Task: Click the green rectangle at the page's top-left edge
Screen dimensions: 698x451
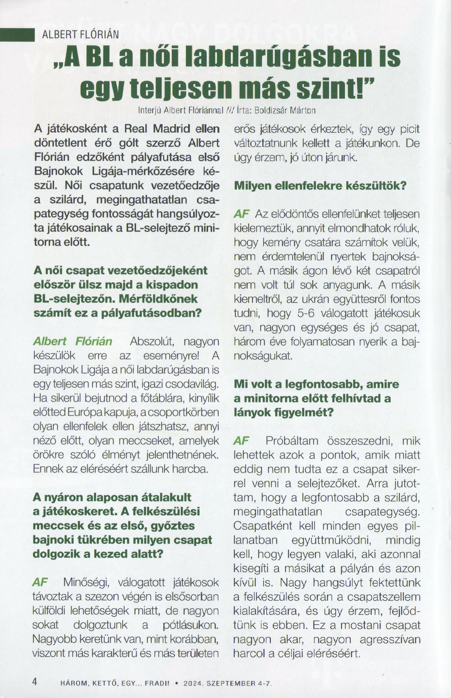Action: [x=17, y=35]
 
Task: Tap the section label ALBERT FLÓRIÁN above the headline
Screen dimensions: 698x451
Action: [x=80, y=35]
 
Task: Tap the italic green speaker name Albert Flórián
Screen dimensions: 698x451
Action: [x=73, y=341]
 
